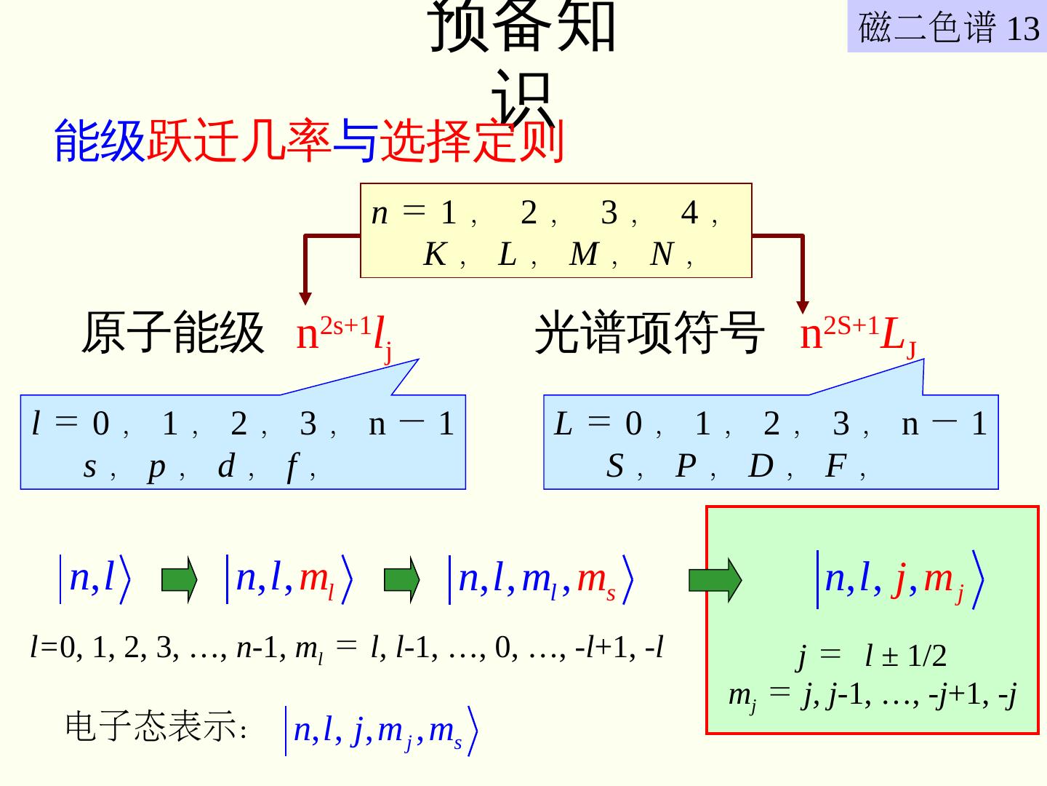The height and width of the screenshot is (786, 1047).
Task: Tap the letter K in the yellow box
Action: [435, 255]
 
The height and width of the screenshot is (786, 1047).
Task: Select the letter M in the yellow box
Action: [584, 255]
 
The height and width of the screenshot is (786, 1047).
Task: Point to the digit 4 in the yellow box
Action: [689, 213]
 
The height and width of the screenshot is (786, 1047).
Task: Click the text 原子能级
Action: [172, 333]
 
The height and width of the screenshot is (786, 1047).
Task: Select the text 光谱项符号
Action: [649, 333]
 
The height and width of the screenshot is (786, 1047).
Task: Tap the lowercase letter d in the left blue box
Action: [227, 466]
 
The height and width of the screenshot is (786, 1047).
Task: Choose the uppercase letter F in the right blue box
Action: [835, 466]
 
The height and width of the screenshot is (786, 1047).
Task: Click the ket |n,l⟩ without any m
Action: [96, 579]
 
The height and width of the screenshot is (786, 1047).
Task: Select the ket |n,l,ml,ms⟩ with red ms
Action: [542, 580]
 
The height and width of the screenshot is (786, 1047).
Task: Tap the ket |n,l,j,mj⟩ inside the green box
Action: [901, 580]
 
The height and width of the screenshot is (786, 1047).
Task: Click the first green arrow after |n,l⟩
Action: [179, 580]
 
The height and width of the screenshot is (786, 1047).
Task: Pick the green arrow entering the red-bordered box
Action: [715, 580]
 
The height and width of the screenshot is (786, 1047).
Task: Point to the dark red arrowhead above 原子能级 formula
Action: [305, 298]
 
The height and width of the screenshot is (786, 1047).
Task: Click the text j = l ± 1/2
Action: [872, 656]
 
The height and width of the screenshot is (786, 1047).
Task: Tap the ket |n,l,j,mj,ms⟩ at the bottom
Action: [382, 731]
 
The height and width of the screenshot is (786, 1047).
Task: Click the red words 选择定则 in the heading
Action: [472, 140]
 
